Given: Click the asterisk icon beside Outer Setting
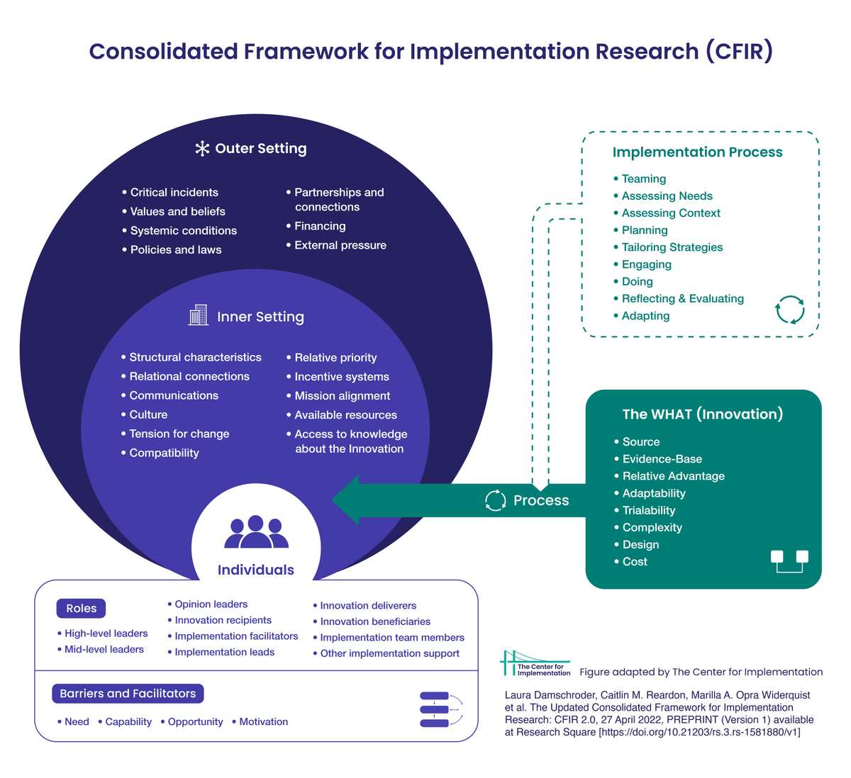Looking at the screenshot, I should [x=202, y=149].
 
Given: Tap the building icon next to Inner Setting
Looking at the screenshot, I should [x=198, y=315].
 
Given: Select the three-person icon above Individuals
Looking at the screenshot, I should [x=256, y=532].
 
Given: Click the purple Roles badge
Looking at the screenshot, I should [x=81, y=609].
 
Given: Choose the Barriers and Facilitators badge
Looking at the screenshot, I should [x=128, y=694].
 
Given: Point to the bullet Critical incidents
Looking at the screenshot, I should [x=174, y=193].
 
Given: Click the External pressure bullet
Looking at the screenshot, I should [x=340, y=245].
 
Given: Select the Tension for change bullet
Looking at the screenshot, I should [x=179, y=434].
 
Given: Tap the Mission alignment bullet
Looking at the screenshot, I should [x=342, y=396].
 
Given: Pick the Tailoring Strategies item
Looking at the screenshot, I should [x=672, y=247].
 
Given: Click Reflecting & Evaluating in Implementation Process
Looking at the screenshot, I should [x=682, y=299].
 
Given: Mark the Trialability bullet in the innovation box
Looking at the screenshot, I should [x=648, y=511].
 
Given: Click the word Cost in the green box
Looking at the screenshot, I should [x=635, y=562].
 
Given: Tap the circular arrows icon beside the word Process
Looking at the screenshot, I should [x=495, y=500].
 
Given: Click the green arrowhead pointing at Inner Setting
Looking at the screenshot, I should [x=346, y=500].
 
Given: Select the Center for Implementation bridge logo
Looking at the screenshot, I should [x=535, y=663].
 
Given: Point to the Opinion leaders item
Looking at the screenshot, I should [x=211, y=604].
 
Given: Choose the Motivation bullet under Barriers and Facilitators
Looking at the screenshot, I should [x=263, y=722].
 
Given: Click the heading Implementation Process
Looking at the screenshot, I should [x=697, y=152].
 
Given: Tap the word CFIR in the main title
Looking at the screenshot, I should [x=739, y=52].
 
